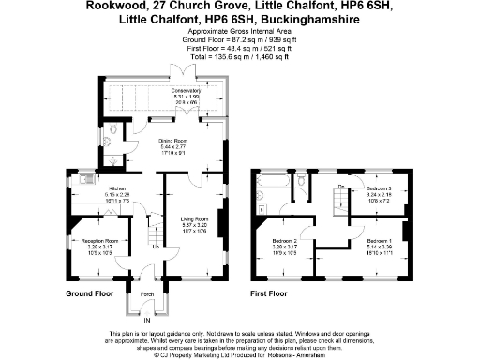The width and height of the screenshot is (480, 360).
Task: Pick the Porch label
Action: pos(147,294)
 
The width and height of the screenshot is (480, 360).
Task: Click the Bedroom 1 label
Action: pos(379,240)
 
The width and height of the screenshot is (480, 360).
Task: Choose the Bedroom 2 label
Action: pos(285,241)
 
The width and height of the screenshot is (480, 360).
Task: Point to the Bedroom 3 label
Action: pos(379,188)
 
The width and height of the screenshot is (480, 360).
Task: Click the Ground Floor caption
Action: pos(89,293)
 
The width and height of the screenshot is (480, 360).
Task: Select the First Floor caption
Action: pos(272,293)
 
